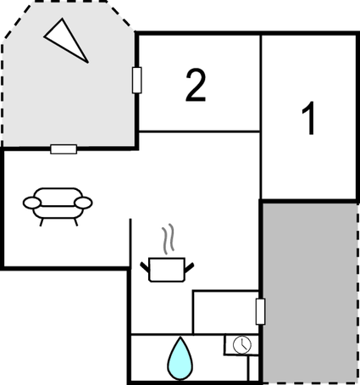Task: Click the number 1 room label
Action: (308, 118)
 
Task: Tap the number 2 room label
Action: (196, 85)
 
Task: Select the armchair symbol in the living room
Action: (58, 206)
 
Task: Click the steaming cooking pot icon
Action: (167, 254)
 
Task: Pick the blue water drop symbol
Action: (180, 359)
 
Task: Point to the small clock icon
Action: (242, 344)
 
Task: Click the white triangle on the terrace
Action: (66, 41)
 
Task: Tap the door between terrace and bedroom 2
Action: (137, 80)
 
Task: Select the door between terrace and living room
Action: (64, 149)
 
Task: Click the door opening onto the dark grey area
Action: (260, 311)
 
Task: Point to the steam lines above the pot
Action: (168, 238)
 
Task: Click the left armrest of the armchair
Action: (32, 203)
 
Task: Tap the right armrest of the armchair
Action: (83, 203)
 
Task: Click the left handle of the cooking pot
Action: (145, 267)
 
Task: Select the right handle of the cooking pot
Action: (189, 267)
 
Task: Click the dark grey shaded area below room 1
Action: (310, 293)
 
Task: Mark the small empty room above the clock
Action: (226, 312)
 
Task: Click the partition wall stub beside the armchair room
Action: (130, 243)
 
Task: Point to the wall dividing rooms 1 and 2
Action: (261, 116)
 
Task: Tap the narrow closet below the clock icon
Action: (253, 369)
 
